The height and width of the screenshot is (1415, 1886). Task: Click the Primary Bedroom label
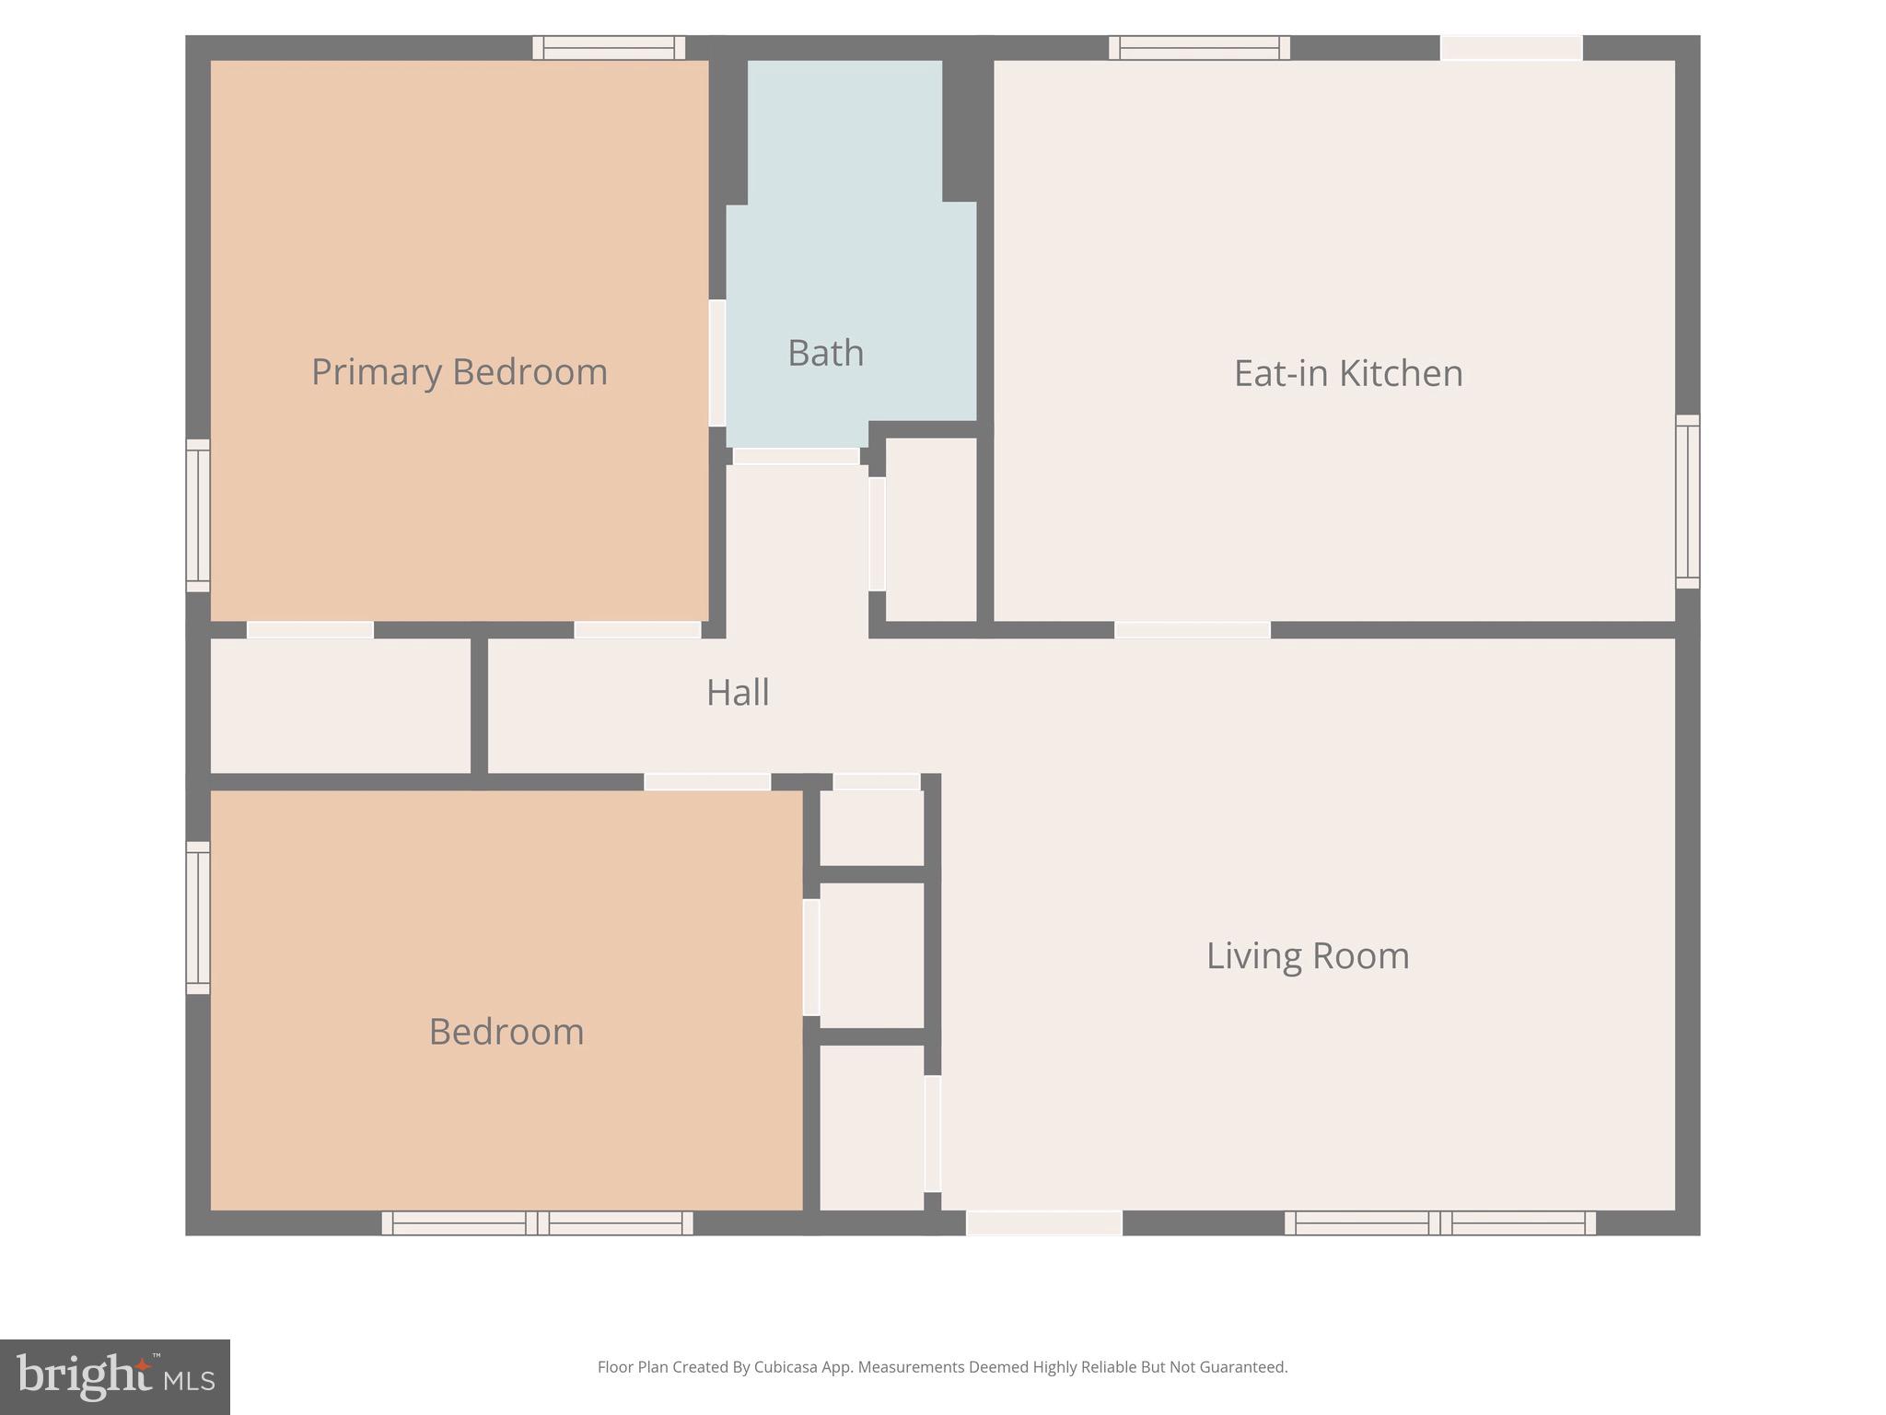(460, 372)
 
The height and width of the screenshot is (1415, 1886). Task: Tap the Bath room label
(825, 354)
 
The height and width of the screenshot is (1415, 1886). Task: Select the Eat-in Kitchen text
(1347, 373)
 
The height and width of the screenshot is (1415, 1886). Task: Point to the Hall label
(738, 693)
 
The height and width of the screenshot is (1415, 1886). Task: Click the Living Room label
(1307, 956)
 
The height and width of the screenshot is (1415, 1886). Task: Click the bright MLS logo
(115, 1376)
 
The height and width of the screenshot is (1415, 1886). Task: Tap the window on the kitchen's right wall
(1687, 501)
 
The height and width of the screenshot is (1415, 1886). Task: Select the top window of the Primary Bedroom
(609, 48)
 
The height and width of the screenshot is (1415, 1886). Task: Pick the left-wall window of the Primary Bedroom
(198, 516)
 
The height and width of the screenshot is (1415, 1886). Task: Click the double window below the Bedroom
(537, 1223)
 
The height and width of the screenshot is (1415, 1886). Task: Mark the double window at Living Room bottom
(1439, 1223)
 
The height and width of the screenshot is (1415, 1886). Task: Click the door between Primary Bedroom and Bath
(716, 363)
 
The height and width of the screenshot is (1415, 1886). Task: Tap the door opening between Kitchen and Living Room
(1192, 630)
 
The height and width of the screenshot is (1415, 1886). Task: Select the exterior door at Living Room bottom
(1043, 1223)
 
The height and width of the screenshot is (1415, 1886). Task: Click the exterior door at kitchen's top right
(1511, 48)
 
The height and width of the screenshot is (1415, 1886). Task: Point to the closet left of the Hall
(340, 706)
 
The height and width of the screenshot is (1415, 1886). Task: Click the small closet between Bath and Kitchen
(930, 530)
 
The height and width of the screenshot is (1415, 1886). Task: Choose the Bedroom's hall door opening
(706, 782)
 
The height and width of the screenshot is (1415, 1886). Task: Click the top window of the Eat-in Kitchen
(1198, 48)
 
